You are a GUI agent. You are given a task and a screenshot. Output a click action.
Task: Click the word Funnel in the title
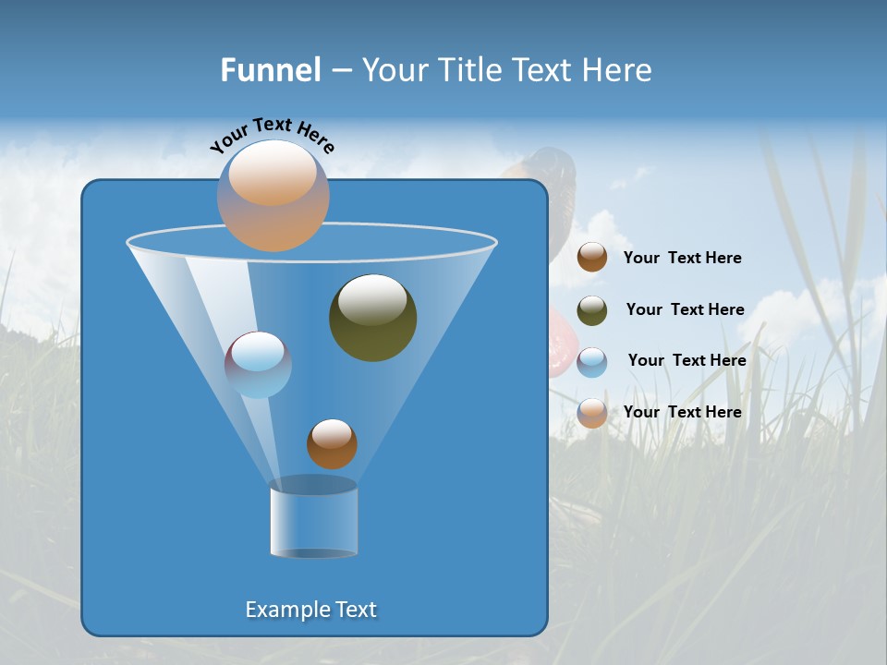tap(270, 70)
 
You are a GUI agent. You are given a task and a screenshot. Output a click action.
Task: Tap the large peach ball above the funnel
tap(273, 195)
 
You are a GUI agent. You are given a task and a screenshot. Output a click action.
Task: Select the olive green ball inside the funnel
tap(372, 319)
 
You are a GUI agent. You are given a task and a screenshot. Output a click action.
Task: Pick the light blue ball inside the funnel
tap(258, 365)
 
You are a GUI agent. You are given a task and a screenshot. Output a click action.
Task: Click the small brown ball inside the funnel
tap(332, 444)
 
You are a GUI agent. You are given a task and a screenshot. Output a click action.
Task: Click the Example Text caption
tap(311, 610)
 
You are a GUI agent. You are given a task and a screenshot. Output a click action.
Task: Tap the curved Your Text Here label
tap(272, 135)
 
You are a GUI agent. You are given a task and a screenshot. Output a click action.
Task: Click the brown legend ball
tap(592, 258)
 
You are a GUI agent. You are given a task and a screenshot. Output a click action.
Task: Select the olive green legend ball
tap(592, 310)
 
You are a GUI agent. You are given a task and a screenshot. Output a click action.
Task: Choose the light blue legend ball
tap(592, 362)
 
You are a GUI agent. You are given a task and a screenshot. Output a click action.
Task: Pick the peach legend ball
tap(592, 413)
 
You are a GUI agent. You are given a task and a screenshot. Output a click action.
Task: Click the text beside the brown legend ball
tap(682, 258)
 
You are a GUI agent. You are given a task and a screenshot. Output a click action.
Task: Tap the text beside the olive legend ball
tap(685, 309)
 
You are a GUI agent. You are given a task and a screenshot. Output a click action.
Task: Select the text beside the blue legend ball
tap(687, 360)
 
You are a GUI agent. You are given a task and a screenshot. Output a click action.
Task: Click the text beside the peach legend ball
tap(682, 412)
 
